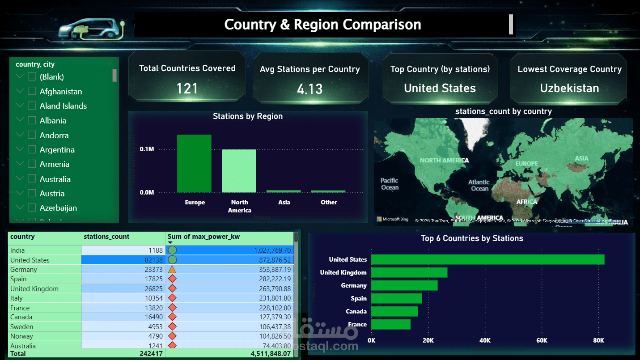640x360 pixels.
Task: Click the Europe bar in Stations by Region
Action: pos(194,163)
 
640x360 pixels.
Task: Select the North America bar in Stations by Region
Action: pos(239,171)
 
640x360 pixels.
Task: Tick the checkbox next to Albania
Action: pos(32,121)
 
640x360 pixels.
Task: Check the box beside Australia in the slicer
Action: pos(32,179)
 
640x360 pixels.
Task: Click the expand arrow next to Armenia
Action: pos(20,164)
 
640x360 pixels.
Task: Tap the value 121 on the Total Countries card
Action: pos(187,89)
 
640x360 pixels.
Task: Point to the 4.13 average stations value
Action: pos(309,89)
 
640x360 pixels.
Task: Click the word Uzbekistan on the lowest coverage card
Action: pos(569,88)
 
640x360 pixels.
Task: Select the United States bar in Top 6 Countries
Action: pos(487,259)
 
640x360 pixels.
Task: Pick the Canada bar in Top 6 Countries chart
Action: pos(394,311)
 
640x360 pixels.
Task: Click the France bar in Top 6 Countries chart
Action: pos(390,324)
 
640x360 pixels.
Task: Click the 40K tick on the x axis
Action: pos(485,341)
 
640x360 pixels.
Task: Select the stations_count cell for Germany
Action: pos(123,270)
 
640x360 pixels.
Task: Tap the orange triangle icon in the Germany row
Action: pos(172,270)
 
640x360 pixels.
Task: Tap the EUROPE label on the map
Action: pos(526,164)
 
